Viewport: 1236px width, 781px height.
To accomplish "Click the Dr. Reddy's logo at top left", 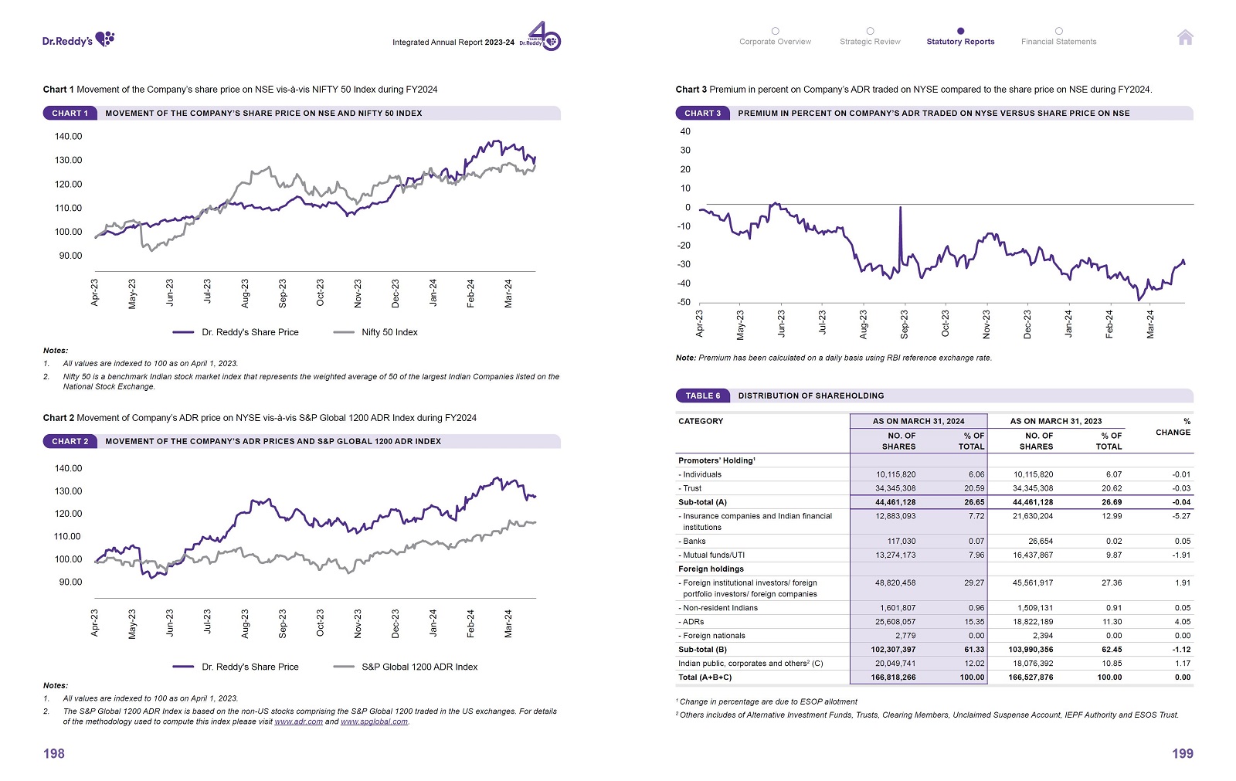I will coord(78,39).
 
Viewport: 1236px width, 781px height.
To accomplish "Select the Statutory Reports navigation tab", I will coord(960,42).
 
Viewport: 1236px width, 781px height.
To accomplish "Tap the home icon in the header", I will coord(1185,37).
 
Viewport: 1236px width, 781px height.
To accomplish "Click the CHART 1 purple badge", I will coord(70,113).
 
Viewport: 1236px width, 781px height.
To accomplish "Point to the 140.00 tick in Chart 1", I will coord(68,137).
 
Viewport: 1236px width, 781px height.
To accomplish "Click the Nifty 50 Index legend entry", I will coord(389,332).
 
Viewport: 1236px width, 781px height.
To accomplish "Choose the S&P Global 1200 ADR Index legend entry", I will coord(419,667).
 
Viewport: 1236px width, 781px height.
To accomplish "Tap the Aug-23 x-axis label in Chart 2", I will coord(245,623).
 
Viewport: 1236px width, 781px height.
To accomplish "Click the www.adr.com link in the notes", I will coord(298,722).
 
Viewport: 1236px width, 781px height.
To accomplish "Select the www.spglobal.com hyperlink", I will coord(374,722).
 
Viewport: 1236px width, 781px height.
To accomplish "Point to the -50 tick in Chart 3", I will coord(684,302).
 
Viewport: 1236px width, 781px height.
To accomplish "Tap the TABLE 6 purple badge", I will coord(702,396).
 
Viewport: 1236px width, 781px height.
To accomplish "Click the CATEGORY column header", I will coord(701,421).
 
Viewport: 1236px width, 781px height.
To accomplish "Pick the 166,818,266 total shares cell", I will coord(893,677).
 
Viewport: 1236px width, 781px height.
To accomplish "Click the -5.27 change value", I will coord(1181,516).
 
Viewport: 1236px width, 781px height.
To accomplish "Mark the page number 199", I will coord(1182,753).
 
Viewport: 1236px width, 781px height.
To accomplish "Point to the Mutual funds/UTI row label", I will coord(712,555).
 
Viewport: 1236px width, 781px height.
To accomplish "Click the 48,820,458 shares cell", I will coord(895,583).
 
